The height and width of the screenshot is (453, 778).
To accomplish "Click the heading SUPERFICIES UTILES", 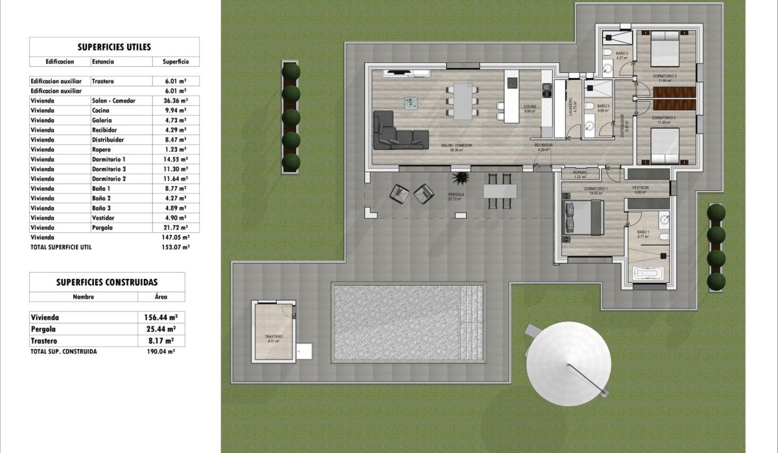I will [x=114, y=47].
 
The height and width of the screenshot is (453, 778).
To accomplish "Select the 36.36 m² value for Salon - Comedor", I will [x=171, y=101].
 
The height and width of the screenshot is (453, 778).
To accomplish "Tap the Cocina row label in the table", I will [x=103, y=111].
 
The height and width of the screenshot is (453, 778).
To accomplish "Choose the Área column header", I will [x=161, y=297].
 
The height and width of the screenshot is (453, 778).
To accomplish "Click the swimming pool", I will [x=408, y=322].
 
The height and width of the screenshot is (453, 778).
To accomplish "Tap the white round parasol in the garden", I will [x=569, y=364].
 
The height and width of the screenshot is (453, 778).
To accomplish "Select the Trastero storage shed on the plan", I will [x=273, y=330].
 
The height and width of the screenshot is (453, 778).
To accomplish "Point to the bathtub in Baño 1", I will [x=649, y=273].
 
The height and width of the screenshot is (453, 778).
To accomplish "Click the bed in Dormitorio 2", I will [x=664, y=49].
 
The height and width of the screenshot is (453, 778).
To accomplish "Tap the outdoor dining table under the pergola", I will [x=500, y=191].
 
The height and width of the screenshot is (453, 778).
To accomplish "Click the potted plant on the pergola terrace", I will [x=461, y=177].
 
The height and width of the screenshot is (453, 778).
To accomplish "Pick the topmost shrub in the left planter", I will [x=291, y=71].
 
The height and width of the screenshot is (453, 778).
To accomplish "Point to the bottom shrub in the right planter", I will [x=716, y=281].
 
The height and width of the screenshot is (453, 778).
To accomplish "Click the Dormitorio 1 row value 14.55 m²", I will [x=171, y=159].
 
